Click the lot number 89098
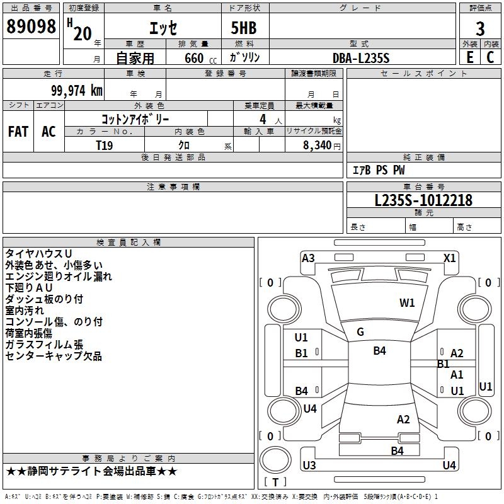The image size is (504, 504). (31, 26)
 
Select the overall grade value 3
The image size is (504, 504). (480, 28)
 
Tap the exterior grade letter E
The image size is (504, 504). (470, 57)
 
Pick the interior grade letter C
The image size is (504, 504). (490, 57)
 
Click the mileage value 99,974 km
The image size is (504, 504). (77, 90)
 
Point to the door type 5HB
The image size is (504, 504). (244, 28)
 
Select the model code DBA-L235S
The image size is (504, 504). (361, 58)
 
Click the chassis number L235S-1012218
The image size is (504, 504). (423, 200)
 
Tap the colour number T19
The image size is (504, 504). (105, 146)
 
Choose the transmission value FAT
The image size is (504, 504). (18, 132)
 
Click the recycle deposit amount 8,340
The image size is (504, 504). (317, 146)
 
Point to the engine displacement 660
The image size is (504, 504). (194, 58)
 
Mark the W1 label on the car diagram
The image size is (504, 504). (407, 303)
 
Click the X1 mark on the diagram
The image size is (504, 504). (449, 258)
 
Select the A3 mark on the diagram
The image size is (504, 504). (308, 258)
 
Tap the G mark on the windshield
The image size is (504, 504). (360, 332)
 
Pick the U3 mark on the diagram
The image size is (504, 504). (309, 465)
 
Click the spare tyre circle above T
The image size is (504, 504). (275, 460)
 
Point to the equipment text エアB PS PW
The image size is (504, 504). (379, 170)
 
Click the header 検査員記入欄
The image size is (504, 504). (129, 243)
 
